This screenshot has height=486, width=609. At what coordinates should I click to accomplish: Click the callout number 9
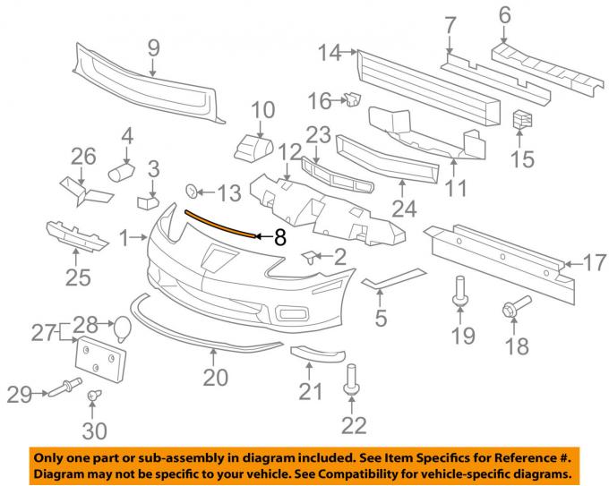tap(153, 47)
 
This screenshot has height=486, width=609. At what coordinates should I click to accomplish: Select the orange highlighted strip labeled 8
tap(219, 224)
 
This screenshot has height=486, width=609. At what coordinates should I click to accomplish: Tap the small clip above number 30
tap(93, 396)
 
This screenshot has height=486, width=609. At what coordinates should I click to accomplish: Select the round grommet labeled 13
tap(192, 192)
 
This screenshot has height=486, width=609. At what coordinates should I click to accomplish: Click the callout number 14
tap(330, 54)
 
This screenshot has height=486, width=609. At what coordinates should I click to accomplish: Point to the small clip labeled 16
tap(351, 98)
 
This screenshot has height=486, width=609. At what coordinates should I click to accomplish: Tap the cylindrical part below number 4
tap(122, 169)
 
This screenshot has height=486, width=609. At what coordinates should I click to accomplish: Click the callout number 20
tap(215, 379)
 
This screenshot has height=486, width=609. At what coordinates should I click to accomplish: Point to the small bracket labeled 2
tap(309, 258)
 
